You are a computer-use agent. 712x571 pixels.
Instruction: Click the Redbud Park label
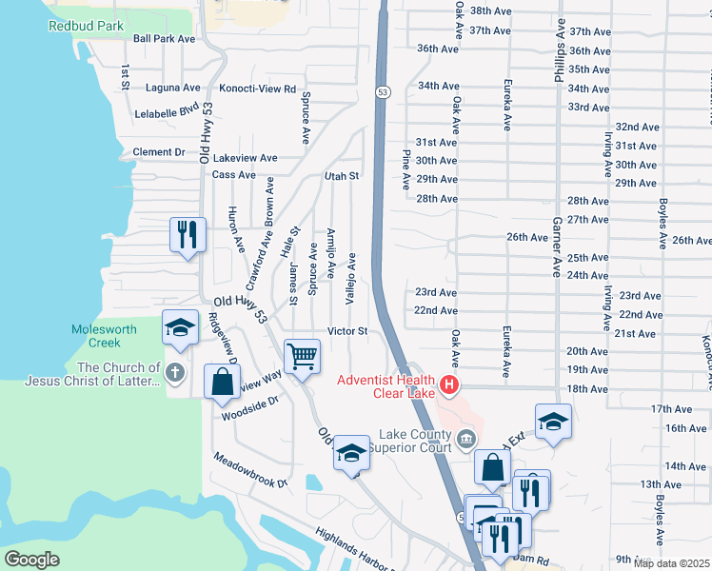(x=88, y=23)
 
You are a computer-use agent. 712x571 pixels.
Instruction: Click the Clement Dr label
(x=158, y=152)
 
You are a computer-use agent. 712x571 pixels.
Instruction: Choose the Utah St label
(x=341, y=176)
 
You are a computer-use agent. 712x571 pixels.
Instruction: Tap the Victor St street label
(x=347, y=331)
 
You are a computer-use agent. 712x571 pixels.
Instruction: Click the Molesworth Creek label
(x=104, y=335)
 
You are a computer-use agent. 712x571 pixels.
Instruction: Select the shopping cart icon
(x=303, y=357)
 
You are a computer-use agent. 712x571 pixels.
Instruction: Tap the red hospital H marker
(x=447, y=386)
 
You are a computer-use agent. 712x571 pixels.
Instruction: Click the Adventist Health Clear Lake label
(x=386, y=387)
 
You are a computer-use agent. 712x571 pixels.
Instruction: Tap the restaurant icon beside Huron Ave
(x=187, y=234)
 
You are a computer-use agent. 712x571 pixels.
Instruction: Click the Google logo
(x=31, y=560)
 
